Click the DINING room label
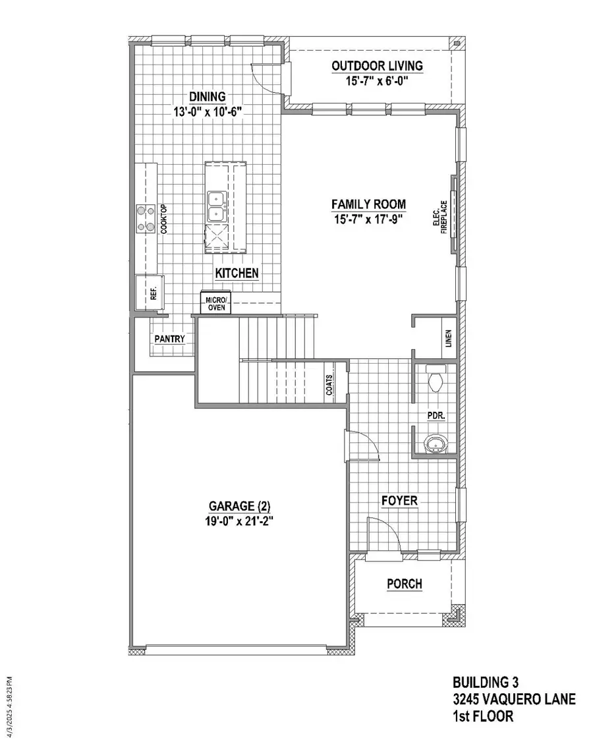[208, 97]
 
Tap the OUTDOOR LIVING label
[377, 66]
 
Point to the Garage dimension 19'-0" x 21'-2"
[240, 520]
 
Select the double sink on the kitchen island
[216, 206]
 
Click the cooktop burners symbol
[144, 219]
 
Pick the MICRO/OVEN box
[215, 304]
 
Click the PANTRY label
[169, 339]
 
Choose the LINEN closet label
[447, 338]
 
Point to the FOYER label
[399, 501]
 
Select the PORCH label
[405, 584]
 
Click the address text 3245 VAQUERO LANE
[513, 699]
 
